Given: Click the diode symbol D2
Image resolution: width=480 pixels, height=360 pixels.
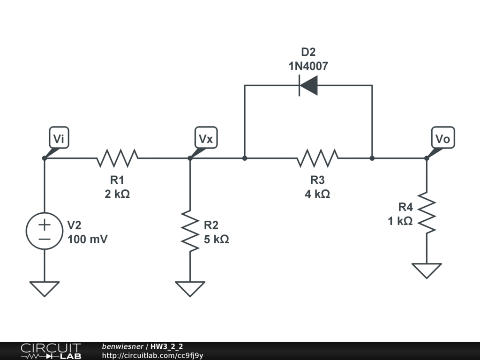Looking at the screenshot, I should [308, 86].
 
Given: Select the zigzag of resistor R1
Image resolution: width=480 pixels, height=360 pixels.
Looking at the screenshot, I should [117, 158].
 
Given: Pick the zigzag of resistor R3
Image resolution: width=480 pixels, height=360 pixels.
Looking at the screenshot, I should [317, 158].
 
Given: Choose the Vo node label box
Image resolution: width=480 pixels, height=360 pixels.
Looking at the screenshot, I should [442, 139].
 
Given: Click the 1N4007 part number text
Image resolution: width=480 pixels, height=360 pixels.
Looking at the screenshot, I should [308, 66].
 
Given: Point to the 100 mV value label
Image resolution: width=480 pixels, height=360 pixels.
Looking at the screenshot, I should [88, 240].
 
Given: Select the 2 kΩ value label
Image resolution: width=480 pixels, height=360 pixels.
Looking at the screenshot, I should [117, 194].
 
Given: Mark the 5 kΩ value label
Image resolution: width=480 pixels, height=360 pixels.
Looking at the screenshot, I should [216, 240].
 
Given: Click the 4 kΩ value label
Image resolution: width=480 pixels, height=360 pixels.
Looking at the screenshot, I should [317, 194].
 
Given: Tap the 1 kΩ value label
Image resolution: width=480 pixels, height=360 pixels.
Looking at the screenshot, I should [400, 221].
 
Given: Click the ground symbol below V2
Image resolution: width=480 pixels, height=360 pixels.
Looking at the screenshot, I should [45, 288].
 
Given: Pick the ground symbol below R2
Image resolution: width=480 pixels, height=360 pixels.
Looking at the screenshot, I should [190, 288].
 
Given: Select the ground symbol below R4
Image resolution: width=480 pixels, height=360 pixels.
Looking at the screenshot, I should [427, 270].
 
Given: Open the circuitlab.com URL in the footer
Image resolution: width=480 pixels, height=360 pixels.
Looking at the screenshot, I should [152, 355].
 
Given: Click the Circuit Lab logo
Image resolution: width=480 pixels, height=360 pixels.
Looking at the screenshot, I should [51, 351].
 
